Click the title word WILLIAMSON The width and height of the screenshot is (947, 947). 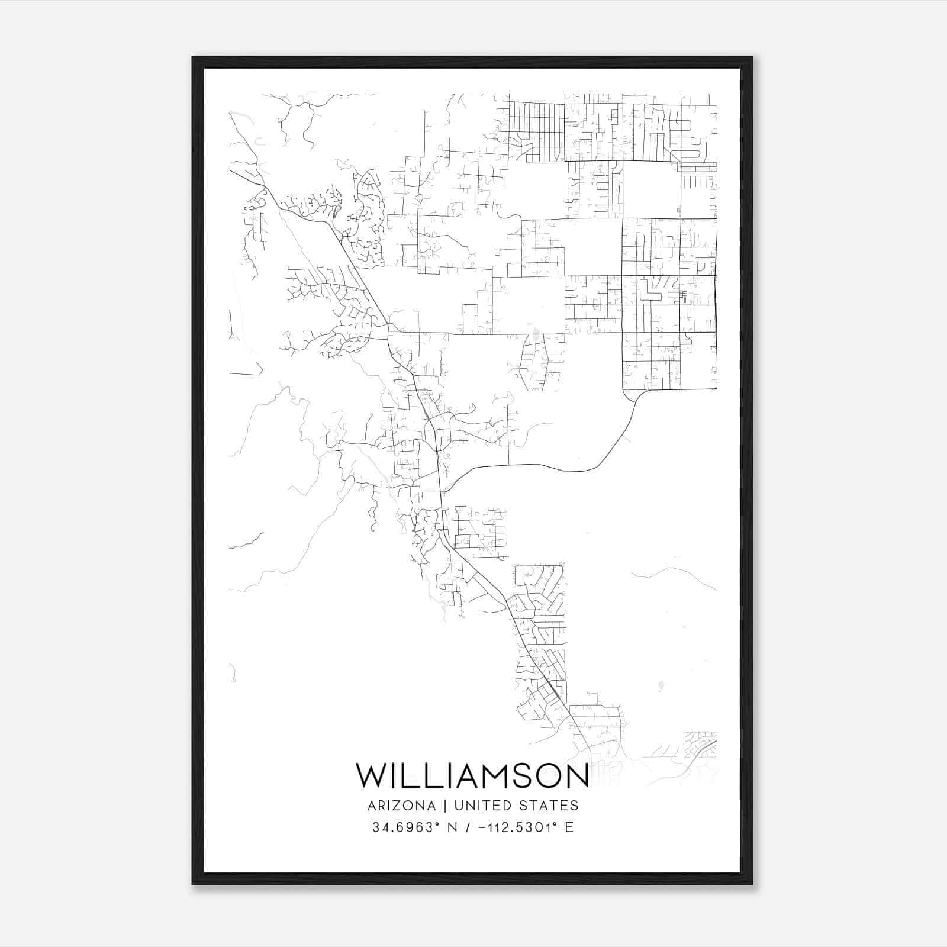[x=472, y=776]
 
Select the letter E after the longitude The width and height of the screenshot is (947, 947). [x=569, y=827]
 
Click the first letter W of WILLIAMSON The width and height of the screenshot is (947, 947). [x=371, y=776]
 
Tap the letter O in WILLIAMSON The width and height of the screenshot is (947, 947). [x=549, y=776]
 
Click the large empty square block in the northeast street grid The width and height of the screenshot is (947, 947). [x=651, y=189]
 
